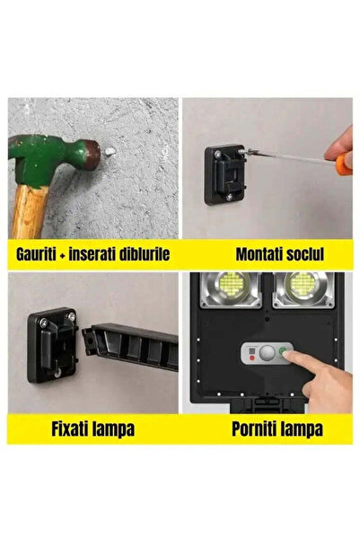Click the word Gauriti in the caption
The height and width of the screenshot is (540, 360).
point(42,253)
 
